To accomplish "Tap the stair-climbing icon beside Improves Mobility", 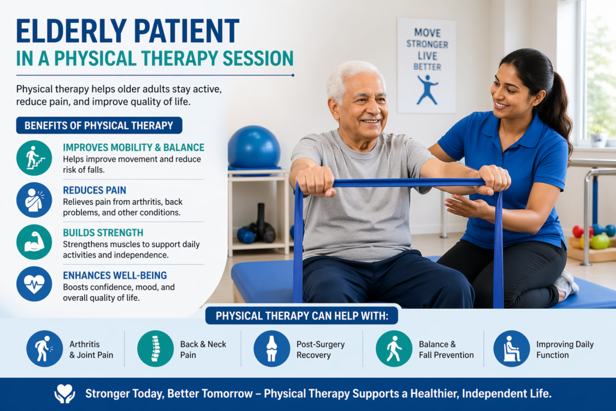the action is (x=34, y=158).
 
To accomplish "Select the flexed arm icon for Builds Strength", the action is (x=34, y=242).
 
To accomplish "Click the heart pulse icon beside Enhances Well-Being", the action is (x=34, y=283).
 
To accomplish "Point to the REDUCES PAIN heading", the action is (x=94, y=190).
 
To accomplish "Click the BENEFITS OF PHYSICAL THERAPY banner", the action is (x=99, y=125).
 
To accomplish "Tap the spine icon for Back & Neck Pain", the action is (x=155, y=348).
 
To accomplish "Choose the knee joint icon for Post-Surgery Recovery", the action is (x=272, y=348).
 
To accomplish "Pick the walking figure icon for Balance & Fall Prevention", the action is (x=394, y=348).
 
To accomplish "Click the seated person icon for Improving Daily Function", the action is (x=511, y=348).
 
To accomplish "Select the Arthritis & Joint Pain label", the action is (x=91, y=349).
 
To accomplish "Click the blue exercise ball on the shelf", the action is (x=254, y=148).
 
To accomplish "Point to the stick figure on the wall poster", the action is (x=427, y=90).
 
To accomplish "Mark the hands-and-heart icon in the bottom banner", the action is (x=64, y=394).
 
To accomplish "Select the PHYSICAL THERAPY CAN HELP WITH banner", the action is (x=302, y=316).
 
